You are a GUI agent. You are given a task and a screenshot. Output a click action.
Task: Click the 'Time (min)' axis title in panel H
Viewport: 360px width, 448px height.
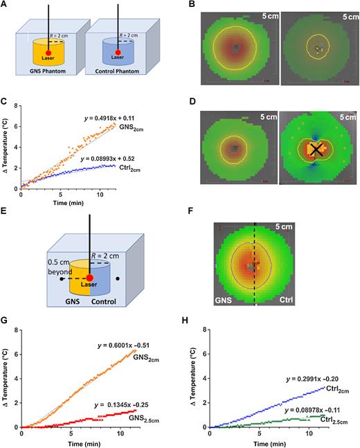pyautogui.click(x=262, y=441)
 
